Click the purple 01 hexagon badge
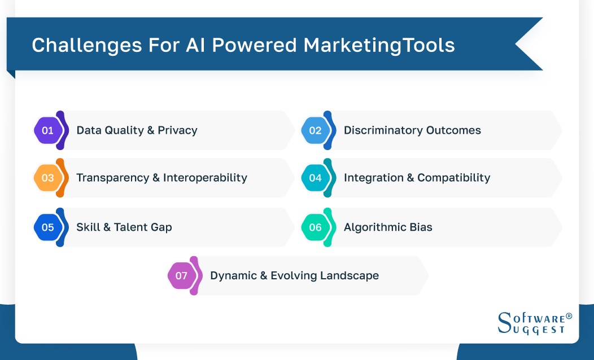click(x=48, y=130)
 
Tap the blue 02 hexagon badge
click(x=315, y=130)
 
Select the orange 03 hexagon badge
click(x=48, y=178)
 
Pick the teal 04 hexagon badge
click(x=315, y=178)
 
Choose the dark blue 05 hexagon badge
click(x=48, y=227)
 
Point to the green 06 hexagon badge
click(x=315, y=227)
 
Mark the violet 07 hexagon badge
click(x=181, y=276)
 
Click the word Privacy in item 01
click(x=177, y=130)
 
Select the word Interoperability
click(x=205, y=178)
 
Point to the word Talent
click(x=132, y=227)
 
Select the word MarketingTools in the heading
click(x=379, y=45)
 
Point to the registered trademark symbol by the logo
click(x=569, y=316)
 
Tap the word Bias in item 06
click(x=421, y=227)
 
